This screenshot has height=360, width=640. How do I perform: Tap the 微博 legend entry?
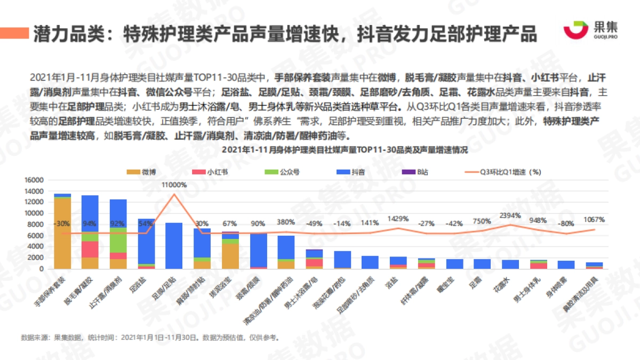pyautogui.click(x=142, y=172)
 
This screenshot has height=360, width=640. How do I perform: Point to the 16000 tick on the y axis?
pyautogui.click(x=34, y=180)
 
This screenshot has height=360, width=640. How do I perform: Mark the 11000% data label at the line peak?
pyautogui.click(x=174, y=185)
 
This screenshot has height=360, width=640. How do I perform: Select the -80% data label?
pyautogui.click(x=566, y=223)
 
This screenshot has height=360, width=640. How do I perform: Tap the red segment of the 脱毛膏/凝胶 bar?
pyautogui.click(x=90, y=249)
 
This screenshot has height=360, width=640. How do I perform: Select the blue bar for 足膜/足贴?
pyautogui.click(x=174, y=245)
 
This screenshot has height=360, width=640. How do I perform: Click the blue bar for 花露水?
pyautogui.click(x=510, y=264)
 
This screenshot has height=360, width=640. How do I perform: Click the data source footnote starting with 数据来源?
pyautogui.click(x=149, y=338)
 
